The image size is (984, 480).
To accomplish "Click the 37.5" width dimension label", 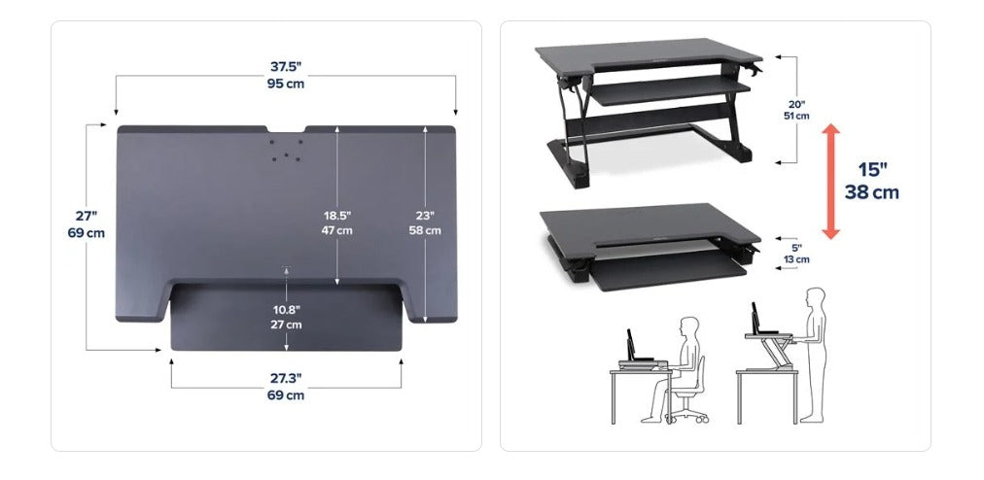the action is pos(286,66).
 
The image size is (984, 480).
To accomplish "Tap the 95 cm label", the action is pos(286,84).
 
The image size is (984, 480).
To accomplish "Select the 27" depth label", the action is pos(87,217).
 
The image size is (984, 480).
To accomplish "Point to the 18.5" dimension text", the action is pos(337,216).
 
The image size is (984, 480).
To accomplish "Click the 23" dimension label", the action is pos(425,216).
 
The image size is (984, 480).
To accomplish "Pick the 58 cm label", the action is pos(425,230).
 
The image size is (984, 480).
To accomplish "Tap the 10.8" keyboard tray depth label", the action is pos(286,310).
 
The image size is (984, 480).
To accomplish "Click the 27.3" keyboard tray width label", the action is pos(286,378).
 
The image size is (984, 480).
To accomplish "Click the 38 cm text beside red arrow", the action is pos(871,192).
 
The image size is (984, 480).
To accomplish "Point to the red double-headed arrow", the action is pos(831,182).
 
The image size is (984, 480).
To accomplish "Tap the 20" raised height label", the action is pos(797,105).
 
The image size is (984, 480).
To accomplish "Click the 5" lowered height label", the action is pos(797,249).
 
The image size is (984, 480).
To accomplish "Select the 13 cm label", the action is pos(797,259).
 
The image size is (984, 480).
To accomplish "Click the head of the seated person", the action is pos(689,327).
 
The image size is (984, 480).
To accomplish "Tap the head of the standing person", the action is pos(816,297).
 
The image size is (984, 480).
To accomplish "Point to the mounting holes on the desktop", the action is pos(286,151).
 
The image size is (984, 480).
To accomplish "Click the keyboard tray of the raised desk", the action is pos(670,91).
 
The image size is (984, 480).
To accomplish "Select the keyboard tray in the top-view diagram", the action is pos(286,317).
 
